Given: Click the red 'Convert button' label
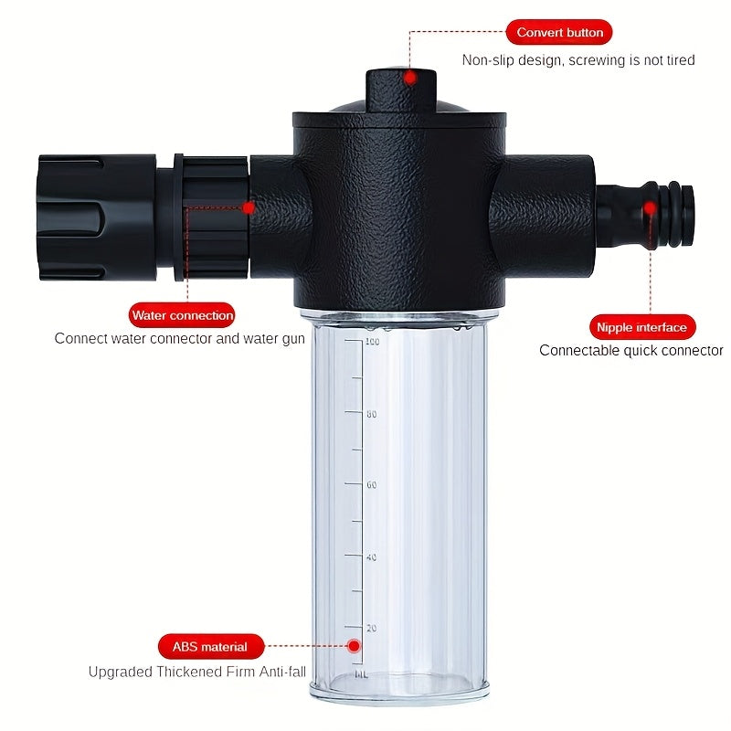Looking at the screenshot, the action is (559, 32).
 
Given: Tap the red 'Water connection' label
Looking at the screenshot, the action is (182, 315).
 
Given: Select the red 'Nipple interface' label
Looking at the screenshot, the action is (642, 327).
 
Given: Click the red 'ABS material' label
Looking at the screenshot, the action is (211, 647).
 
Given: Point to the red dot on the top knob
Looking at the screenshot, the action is (409, 78).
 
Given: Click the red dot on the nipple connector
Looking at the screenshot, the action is (651, 208).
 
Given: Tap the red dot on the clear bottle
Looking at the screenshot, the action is (354, 646).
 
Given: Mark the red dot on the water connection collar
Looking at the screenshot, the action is (249, 208).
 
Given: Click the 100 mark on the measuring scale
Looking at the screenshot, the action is (372, 342).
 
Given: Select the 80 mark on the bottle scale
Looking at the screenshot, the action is (372, 414).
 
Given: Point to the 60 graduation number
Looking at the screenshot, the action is (372, 485).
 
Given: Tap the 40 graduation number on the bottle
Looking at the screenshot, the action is (372, 557).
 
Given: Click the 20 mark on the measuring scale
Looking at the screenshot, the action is (372, 628).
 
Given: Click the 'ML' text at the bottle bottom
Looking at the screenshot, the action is (361, 674).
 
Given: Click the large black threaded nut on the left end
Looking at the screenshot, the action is (97, 217).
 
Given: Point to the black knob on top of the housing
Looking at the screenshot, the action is (401, 90).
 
